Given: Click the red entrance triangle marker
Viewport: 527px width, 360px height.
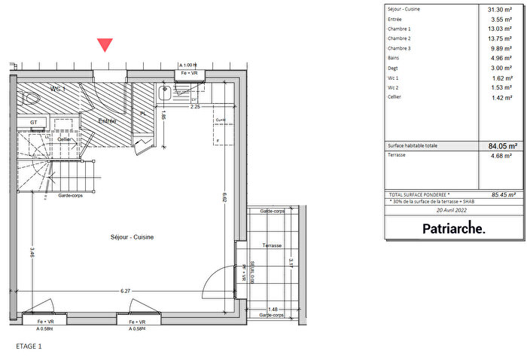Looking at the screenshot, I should click(105, 45).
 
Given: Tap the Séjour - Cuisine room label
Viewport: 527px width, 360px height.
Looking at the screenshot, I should click(133, 237).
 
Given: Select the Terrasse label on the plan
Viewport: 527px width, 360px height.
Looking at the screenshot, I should click(272, 246).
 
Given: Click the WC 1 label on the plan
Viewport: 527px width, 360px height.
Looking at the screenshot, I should click(58, 89).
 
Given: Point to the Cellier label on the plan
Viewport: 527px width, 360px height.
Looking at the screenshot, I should click(65, 139).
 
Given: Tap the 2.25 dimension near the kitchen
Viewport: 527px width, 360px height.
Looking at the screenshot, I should click(194, 107).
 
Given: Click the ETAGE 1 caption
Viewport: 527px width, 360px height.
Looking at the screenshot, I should click(29, 346).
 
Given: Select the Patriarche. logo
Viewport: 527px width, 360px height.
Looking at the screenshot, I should click(453, 228).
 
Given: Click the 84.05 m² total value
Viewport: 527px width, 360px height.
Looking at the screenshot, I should click(499, 146).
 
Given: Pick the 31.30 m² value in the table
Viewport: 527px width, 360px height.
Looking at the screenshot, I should click(499, 9).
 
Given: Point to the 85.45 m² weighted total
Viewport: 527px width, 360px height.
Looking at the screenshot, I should click(499, 194).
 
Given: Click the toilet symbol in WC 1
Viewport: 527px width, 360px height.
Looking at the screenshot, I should click(32, 99).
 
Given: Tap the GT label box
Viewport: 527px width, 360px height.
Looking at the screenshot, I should click(34, 121).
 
